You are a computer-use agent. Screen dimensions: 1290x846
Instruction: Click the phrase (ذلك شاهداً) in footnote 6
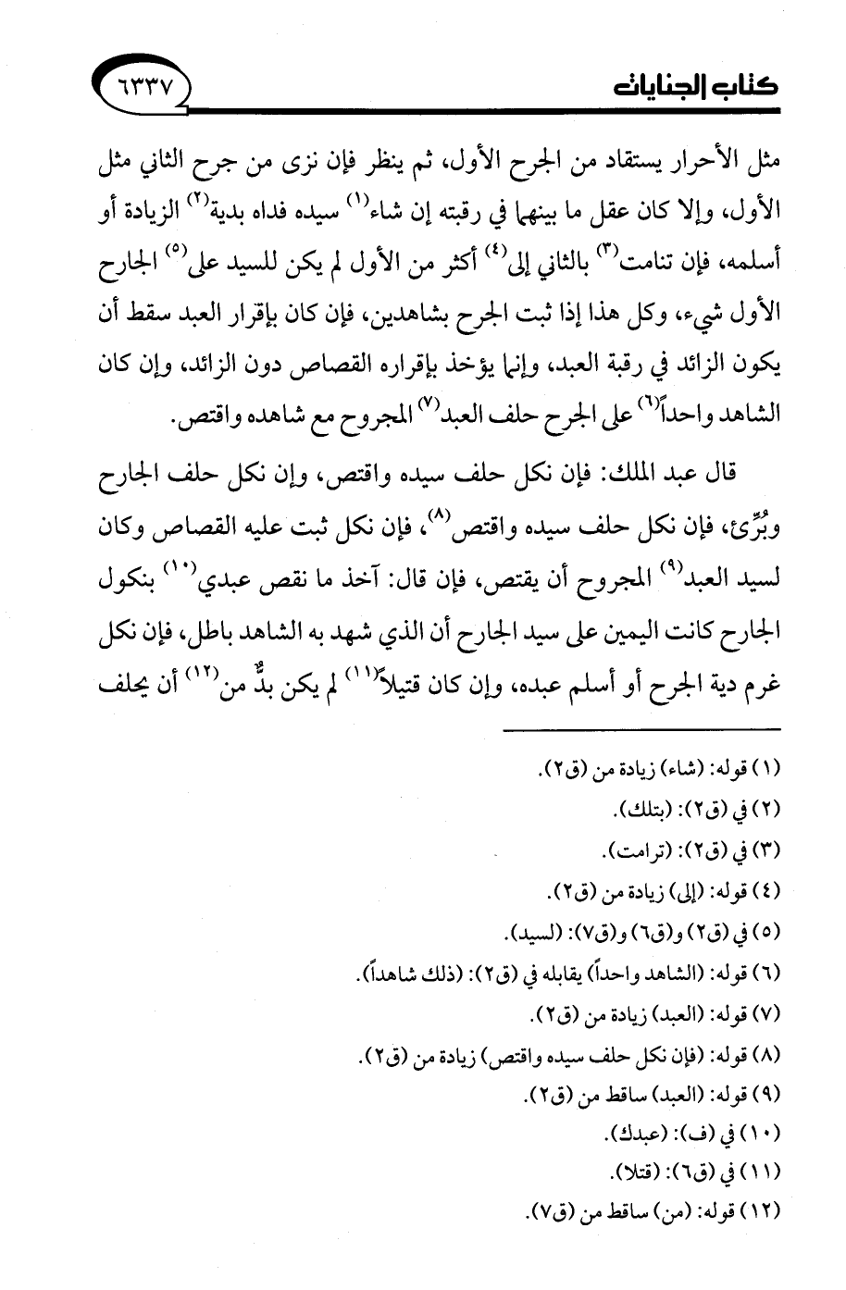[392, 972]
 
